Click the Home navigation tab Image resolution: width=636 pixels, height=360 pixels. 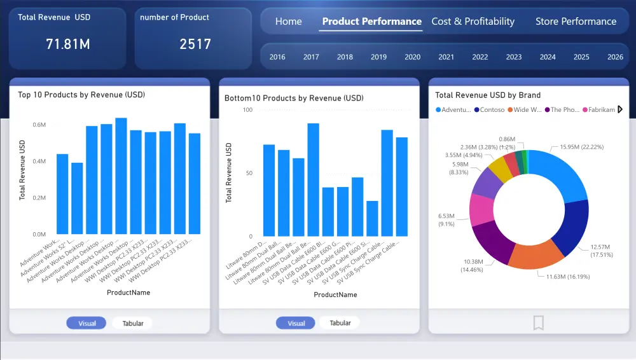[288, 22]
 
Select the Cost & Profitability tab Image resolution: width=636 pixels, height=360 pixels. [473, 22]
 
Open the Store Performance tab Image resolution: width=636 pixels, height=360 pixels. [576, 22]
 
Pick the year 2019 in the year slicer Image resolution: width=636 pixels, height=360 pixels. [378, 57]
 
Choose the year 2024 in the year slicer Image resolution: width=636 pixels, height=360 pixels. [548, 57]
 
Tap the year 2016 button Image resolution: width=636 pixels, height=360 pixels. [277, 57]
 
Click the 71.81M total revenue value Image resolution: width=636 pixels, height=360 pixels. [67, 44]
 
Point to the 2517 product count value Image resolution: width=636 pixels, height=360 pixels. [195, 44]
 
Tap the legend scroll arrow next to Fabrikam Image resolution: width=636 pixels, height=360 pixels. [620, 109]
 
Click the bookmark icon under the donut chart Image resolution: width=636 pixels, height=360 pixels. [538, 323]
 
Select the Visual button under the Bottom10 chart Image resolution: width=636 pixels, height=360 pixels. [296, 323]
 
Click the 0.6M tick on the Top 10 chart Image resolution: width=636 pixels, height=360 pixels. [39, 125]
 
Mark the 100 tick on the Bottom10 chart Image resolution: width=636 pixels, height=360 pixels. [248, 110]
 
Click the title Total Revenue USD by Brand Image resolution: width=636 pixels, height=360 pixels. [488, 95]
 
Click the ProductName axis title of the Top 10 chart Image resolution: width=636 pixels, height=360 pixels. [128, 293]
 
